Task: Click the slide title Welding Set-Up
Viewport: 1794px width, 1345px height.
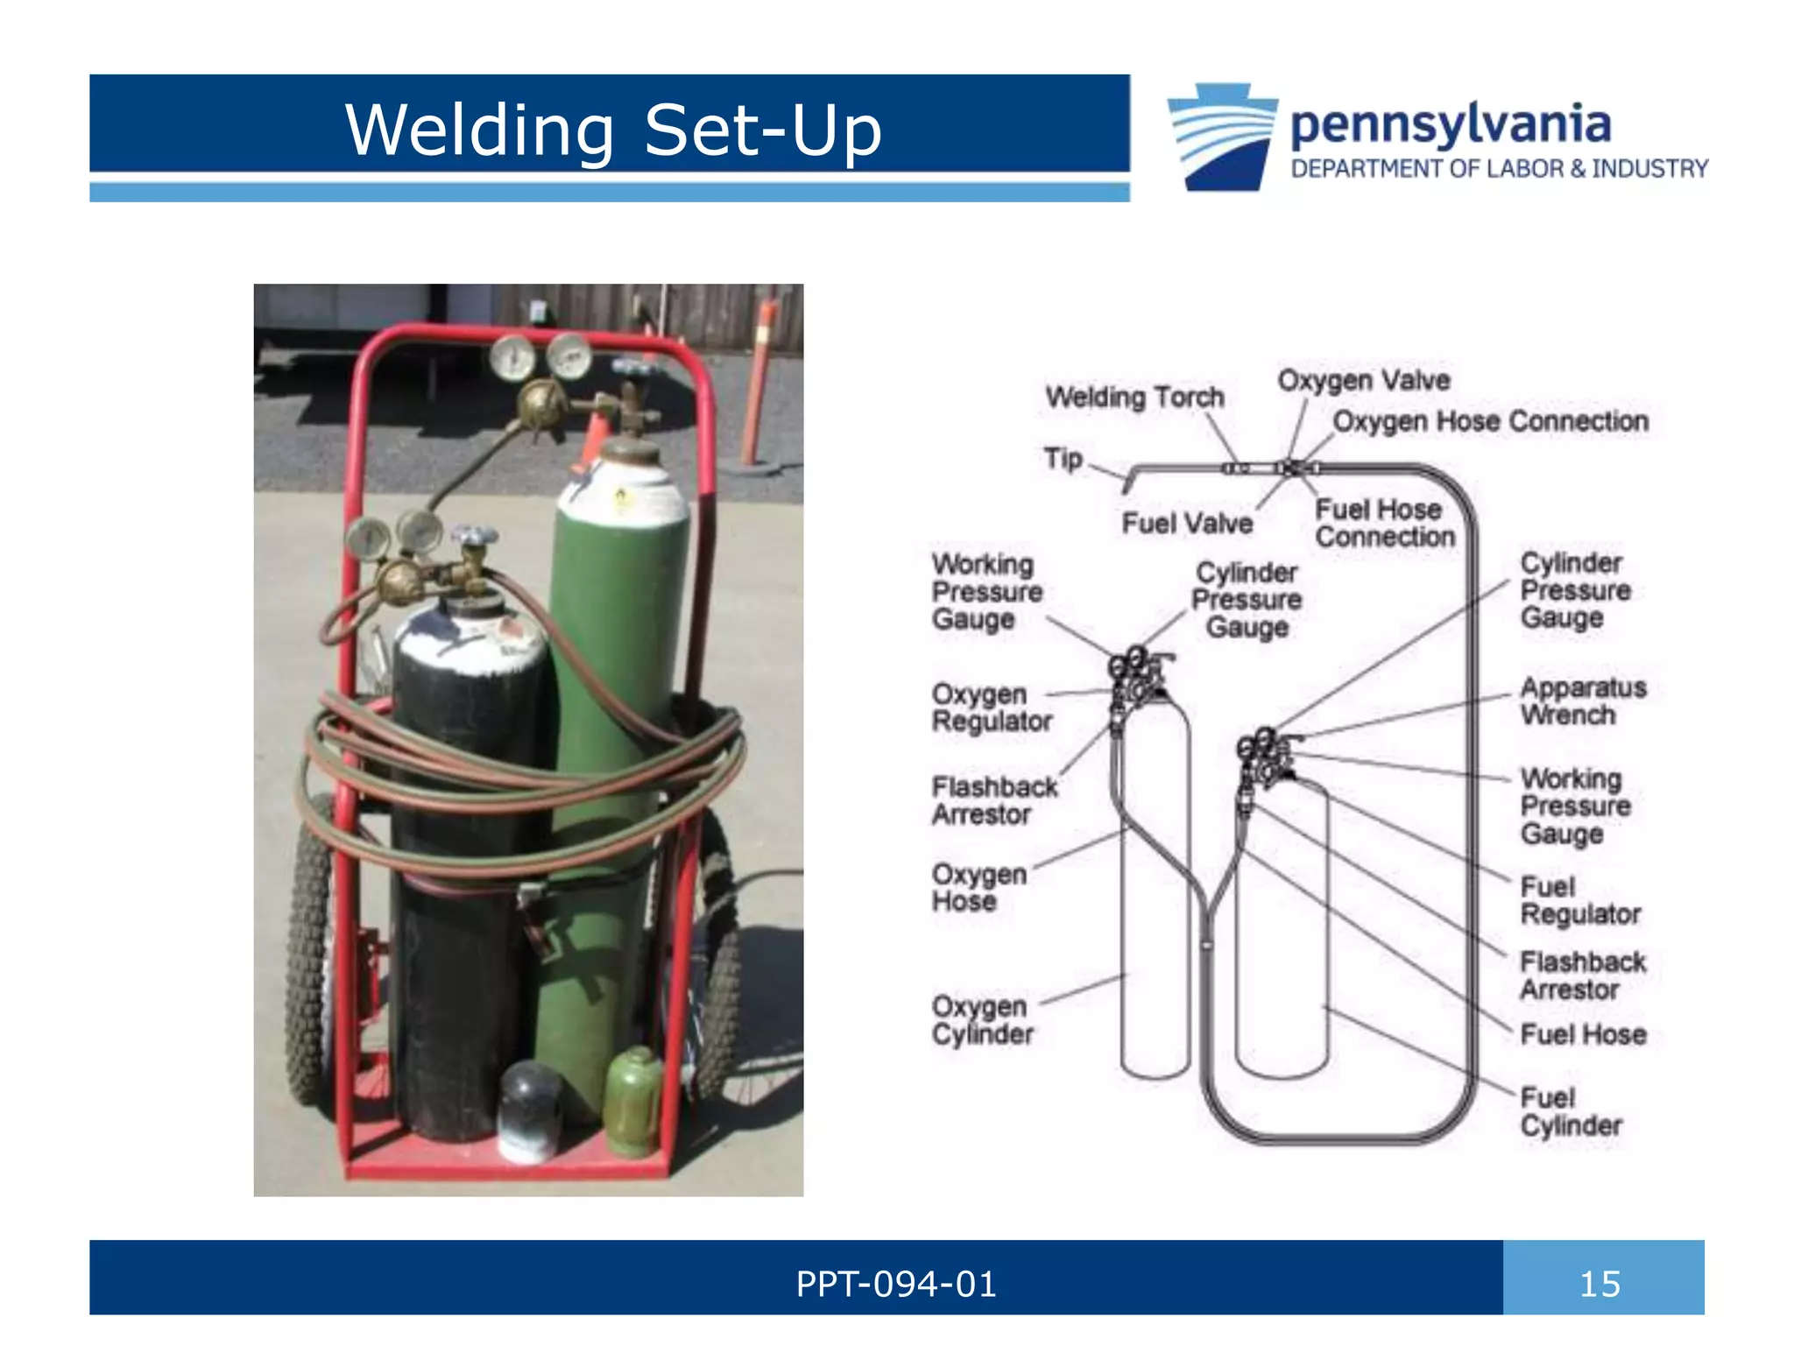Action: [612, 130]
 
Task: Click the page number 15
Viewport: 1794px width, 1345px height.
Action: [1600, 1285]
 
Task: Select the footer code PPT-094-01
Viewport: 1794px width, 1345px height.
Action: [895, 1285]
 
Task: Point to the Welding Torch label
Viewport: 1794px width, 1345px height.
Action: [1134, 397]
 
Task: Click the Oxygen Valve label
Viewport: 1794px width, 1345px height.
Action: [1363, 380]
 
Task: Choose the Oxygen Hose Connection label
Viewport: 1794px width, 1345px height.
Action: [1490, 421]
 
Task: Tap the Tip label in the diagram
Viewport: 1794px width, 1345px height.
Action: [1063, 458]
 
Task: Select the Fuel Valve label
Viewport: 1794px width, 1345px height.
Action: [1187, 523]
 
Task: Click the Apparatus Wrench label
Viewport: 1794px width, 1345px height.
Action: [1582, 701]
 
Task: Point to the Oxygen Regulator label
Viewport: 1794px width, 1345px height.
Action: [991, 708]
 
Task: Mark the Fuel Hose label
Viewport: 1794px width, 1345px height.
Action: [1583, 1034]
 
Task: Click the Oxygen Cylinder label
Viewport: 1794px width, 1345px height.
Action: [982, 1020]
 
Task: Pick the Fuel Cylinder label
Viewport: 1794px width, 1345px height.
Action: [1571, 1111]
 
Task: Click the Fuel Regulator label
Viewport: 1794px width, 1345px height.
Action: [1579, 900]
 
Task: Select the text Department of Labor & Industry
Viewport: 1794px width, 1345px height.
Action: [1499, 168]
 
